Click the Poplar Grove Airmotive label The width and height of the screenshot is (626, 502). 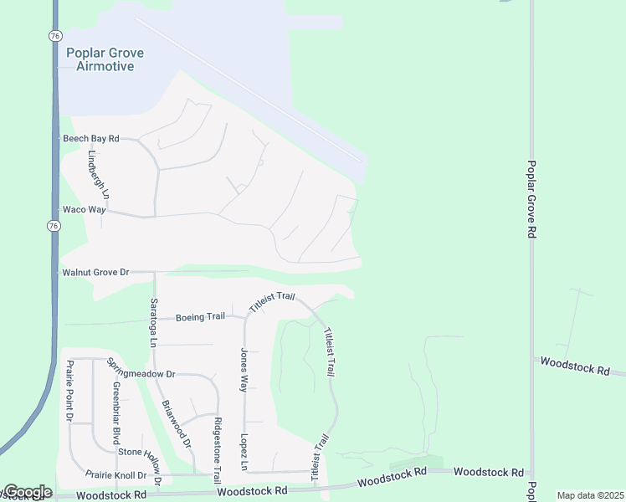pyautogui.click(x=105, y=59)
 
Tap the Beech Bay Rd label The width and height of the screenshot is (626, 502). pyautogui.click(x=91, y=138)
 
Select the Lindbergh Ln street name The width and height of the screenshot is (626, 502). pyautogui.click(x=94, y=174)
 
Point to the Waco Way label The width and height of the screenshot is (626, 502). pyautogui.click(x=84, y=210)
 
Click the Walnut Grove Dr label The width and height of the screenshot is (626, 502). pyautogui.click(x=95, y=272)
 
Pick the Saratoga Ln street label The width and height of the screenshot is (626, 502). pyautogui.click(x=153, y=322)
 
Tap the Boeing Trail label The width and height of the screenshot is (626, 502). pyautogui.click(x=200, y=316)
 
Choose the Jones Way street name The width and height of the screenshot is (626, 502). pyautogui.click(x=244, y=370)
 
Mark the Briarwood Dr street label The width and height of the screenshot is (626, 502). pyautogui.click(x=177, y=422)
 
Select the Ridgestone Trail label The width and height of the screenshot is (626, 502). pyautogui.click(x=218, y=450)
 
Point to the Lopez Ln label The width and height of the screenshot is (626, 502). pyautogui.click(x=244, y=451)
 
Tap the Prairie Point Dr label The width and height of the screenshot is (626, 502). pyautogui.click(x=69, y=391)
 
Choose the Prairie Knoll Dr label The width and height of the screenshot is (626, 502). pyautogui.click(x=122, y=474)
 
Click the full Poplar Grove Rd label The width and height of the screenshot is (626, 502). pyautogui.click(x=531, y=199)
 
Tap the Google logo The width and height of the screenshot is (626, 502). pyautogui.click(x=27, y=492)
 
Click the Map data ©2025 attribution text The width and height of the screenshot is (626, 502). pyautogui.click(x=589, y=495)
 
